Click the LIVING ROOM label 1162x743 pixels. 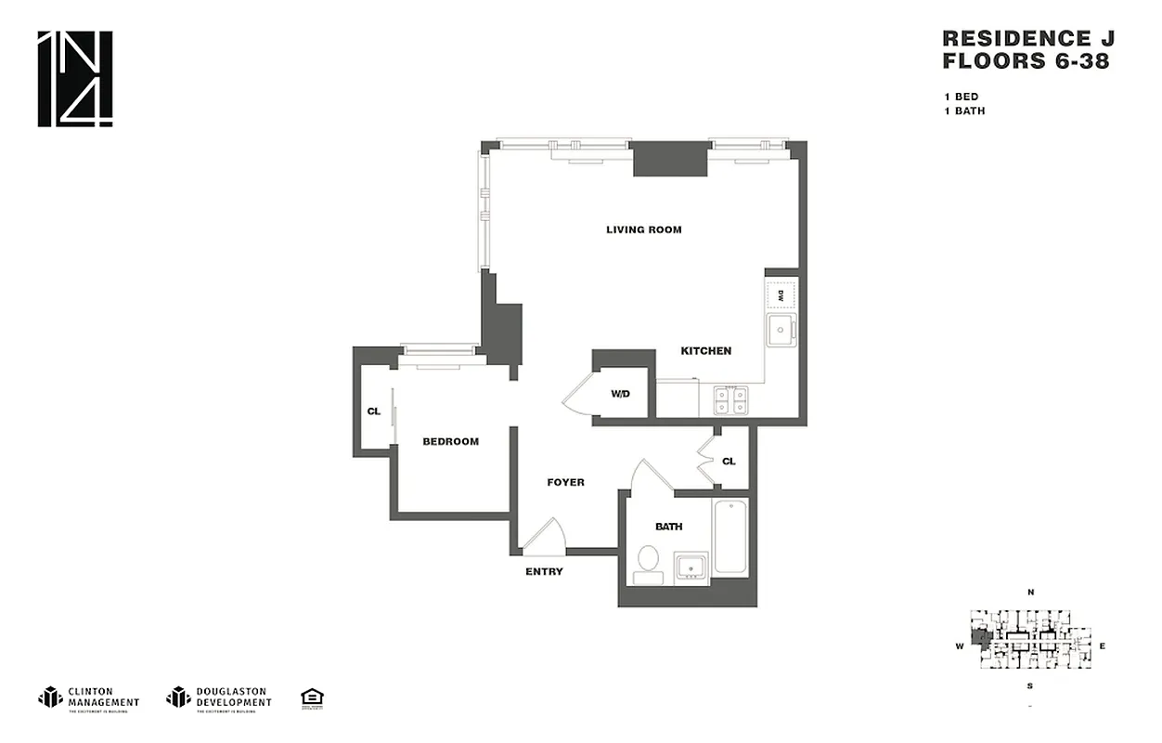pos(643,229)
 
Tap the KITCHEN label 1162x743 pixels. pos(705,351)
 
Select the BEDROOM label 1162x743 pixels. pos(450,441)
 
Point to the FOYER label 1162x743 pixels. pos(565,482)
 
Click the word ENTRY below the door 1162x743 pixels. pos(544,571)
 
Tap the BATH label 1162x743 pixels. pos(668,527)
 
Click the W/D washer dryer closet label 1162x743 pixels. pos(620,394)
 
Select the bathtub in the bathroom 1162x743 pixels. pos(730,538)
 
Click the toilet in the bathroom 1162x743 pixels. pos(648,563)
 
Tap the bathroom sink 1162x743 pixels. pos(691,566)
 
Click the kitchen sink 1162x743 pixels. pos(780,330)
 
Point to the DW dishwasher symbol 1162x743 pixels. pos(781,294)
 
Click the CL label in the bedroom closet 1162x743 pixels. pos(373,411)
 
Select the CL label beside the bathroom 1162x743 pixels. pos(729,461)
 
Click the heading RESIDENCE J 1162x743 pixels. pos(1027,39)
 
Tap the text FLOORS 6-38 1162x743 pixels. pos(1026,62)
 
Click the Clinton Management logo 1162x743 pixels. pos(89,697)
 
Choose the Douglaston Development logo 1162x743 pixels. pos(219,697)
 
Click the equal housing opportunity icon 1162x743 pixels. pos(312,697)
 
